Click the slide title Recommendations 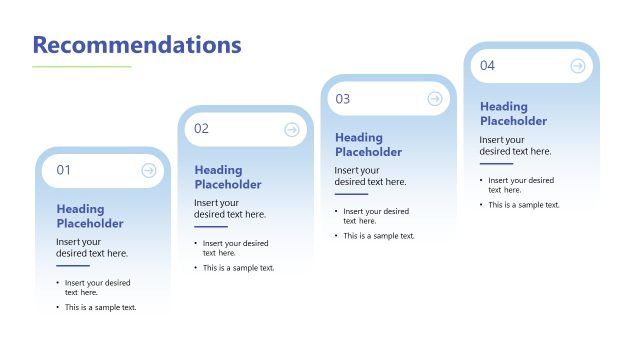[137, 44]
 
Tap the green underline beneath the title [82, 67]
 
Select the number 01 [64, 170]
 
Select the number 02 [202, 129]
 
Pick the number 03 [343, 98]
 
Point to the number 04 [488, 66]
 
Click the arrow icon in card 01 [149, 170]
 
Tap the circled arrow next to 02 [292, 129]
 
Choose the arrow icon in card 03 [435, 98]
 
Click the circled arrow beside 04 [578, 66]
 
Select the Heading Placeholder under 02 [228, 177]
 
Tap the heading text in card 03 [369, 145]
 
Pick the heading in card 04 [514, 114]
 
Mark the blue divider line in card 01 [73, 266]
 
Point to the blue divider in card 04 [496, 164]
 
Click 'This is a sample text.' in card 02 [239, 268]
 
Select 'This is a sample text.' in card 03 [379, 236]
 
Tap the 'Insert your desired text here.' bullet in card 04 [521, 185]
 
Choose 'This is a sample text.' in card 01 [101, 307]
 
